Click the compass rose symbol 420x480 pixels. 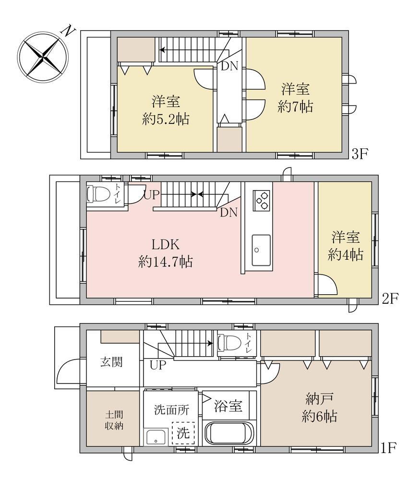(43, 57)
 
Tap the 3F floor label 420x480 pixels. (360, 154)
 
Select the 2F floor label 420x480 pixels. (390, 299)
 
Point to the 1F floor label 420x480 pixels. (389, 448)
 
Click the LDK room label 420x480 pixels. (166, 245)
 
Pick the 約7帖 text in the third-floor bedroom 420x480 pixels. (295, 107)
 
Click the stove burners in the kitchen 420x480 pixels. (262, 201)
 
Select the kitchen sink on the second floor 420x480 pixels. (261, 251)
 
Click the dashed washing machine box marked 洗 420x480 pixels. (183, 432)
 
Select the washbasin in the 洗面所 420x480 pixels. (156, 436)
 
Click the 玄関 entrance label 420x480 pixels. (111, 362)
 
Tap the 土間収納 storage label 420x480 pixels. (114, 420)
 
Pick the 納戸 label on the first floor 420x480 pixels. (319, 399)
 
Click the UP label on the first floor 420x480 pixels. (158, 365)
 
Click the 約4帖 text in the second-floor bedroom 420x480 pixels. (345, 255)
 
